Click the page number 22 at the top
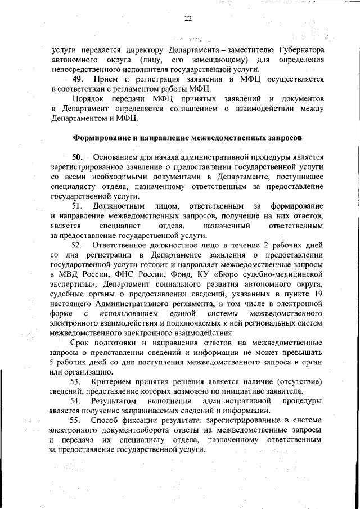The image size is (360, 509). (x=188, y=19)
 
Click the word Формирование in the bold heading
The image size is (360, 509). (x=104, y=137)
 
